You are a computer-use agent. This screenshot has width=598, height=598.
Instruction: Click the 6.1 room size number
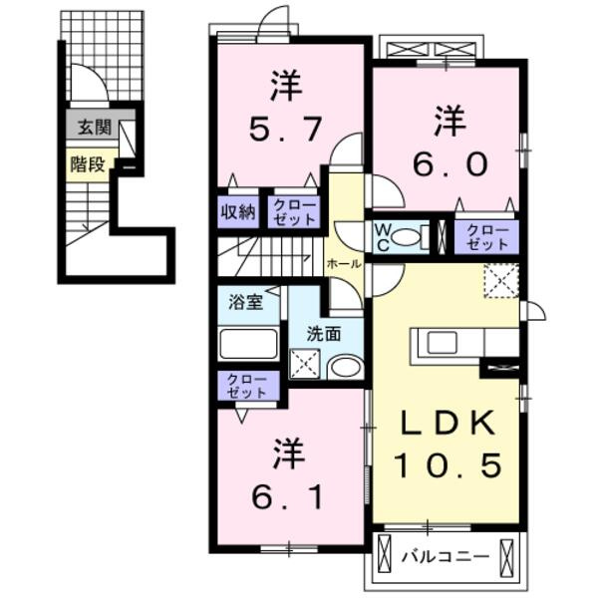(x=287, y=493)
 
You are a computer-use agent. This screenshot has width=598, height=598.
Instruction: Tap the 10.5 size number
(x=446, y=465)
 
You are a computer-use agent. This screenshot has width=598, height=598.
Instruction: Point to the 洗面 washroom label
(x=324, y=335)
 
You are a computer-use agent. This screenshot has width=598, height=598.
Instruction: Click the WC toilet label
(x=383, y=236)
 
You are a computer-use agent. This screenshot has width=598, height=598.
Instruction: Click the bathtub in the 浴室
(x=249, y=345)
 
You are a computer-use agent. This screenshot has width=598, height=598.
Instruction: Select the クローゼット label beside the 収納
(x=293, y=212)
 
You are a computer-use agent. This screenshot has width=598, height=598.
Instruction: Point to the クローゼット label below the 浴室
(x=245, y=386)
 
